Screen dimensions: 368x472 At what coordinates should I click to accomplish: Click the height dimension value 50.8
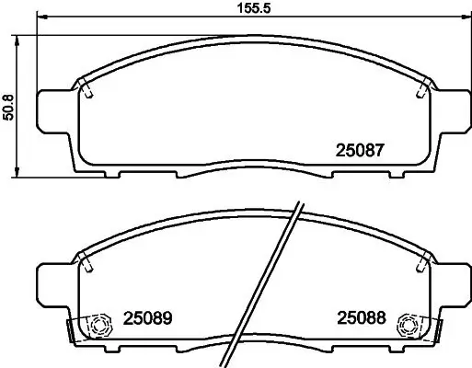click(x=8, y=104)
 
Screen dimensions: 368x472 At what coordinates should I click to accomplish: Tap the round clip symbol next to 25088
click(x=404, y=324)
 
